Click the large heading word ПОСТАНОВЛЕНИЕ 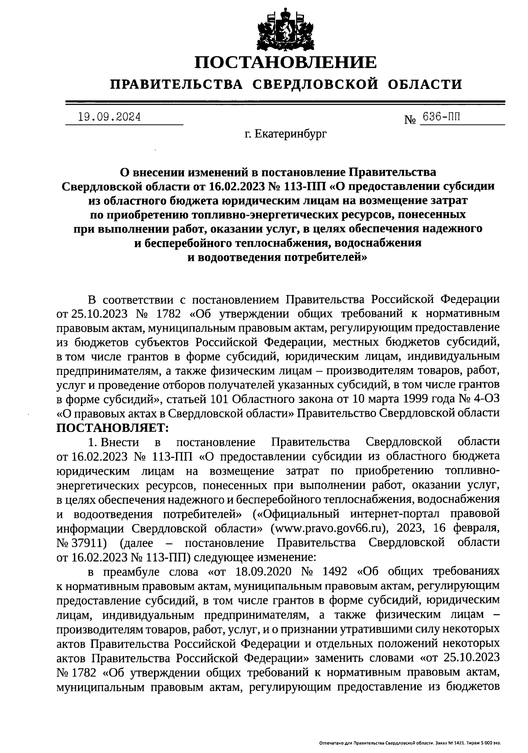point(286,62)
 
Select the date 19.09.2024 point(109,117)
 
